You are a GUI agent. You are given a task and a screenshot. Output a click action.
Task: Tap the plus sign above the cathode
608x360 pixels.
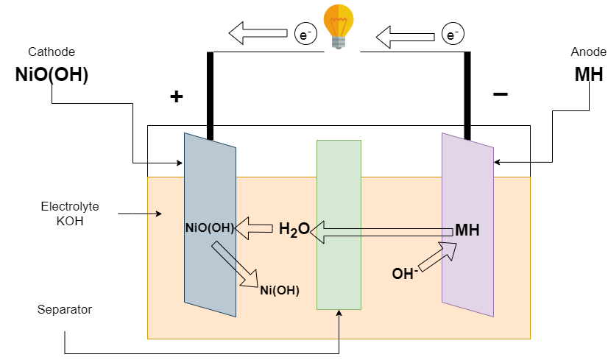176,96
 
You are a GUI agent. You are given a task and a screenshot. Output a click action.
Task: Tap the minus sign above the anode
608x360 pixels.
500,94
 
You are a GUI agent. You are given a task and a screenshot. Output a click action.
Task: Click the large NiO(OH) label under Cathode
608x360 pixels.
52,75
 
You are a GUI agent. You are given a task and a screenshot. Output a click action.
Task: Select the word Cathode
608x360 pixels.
52,52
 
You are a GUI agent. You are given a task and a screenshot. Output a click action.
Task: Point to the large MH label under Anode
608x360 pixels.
589,75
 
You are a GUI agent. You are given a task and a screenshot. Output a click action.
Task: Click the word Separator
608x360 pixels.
65,309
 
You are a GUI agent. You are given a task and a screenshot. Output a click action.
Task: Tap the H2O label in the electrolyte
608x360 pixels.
294,230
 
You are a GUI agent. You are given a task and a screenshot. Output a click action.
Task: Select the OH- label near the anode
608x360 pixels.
405,274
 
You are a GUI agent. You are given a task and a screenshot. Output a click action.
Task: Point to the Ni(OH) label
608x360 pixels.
280,290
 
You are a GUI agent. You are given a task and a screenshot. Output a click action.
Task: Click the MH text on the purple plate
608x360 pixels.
467,230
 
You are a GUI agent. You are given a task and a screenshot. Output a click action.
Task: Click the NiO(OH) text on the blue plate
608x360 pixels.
210,228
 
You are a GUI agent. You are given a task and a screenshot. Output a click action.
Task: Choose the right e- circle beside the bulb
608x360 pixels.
452,34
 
